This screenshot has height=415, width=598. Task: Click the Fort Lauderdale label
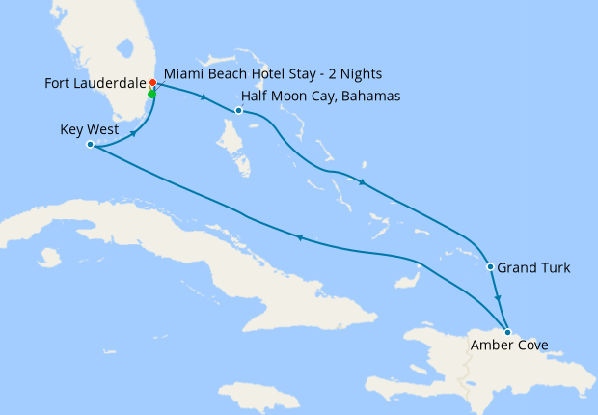pyautogui.click(x=95, y=83)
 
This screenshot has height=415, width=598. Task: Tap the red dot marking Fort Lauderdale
pyautogui.click(x=153, y=83)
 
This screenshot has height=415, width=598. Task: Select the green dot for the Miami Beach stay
pyautogui.click(x=151, y=95)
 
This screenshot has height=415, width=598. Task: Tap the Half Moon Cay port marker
pyautogui.click(x=239, y=111)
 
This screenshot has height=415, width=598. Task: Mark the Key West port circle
pyautogui.click(x=90, y=145)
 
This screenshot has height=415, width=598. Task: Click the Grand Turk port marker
pyautogui.click(x=491, y=267)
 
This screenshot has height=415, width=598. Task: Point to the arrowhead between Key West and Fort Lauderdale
pyautogui.click(x=131, y=133)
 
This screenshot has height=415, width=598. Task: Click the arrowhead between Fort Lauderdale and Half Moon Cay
pyautogui.click(x=203, y=97)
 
